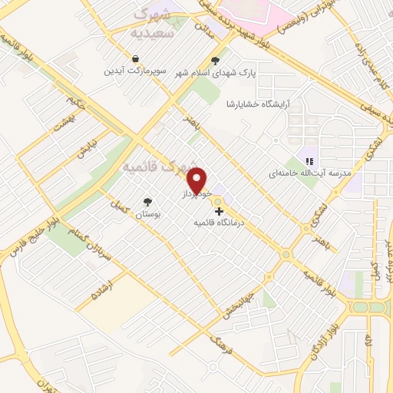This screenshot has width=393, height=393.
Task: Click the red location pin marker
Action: click(x=199, y=180)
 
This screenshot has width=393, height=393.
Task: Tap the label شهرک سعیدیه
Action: click(x=154, y=24)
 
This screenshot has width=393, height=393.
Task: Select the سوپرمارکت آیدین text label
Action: click(x=135, y=71)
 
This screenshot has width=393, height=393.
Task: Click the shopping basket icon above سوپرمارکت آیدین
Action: click(x=135, y=58)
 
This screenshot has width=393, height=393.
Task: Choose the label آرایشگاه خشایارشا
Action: click(x=258, y=104)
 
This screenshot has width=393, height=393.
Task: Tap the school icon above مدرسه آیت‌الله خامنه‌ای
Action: click(x=309, y=161)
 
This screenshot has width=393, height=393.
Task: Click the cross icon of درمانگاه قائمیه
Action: click(x=220, y=211)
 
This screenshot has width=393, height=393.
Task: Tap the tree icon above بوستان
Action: click(x=146, y=202)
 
